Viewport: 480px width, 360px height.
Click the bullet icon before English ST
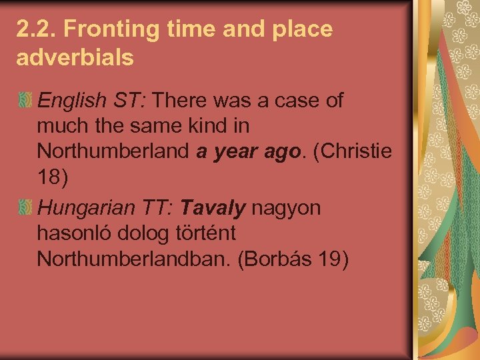click(25, 101)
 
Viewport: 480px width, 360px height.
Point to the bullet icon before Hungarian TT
click(25, 209)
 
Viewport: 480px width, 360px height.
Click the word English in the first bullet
click(71, 101)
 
